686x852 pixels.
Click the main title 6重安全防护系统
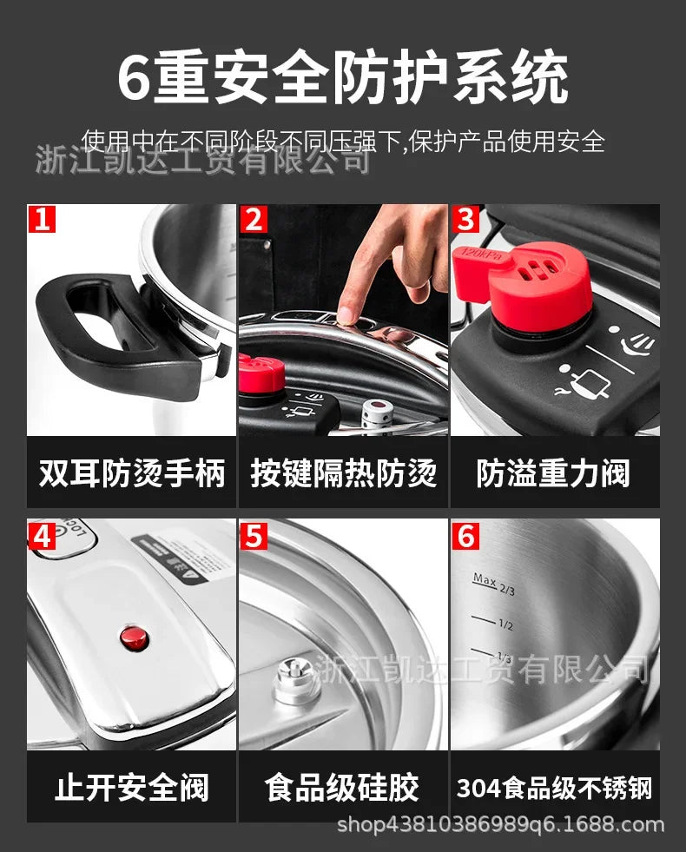pos(343,79)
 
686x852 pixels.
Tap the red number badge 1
pos(41,218)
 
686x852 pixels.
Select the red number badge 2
pos(253,218)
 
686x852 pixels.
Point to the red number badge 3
pos(466,218)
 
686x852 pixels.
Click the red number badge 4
pos(41,536)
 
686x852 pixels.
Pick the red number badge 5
pos(253,536)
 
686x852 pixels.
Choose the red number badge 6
pos(466,536)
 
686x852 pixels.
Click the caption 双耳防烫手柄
pos(131,474)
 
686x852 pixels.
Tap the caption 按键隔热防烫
pos(343,474)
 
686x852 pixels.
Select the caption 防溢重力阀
pos(554,474)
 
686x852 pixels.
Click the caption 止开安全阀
pos(131,788)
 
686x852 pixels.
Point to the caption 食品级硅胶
pos(343,788)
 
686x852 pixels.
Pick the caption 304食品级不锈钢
pos(554,789)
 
